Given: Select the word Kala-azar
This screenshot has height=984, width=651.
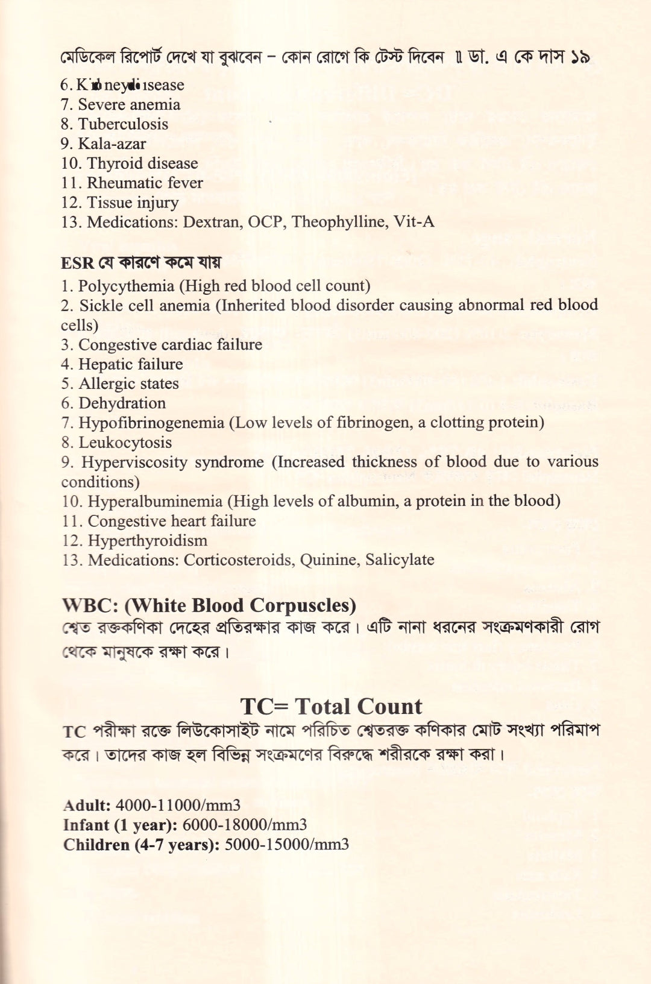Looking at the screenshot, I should [112, 144].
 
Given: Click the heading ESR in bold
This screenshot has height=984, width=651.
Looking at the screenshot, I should [77, 263].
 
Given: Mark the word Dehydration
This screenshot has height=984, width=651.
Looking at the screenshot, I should [122, 403].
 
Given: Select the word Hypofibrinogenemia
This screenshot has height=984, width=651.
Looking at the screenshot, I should [151, 423].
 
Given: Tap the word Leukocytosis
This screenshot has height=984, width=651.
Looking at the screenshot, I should [125, 443].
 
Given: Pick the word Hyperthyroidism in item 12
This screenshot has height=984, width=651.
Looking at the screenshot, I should [147, 541].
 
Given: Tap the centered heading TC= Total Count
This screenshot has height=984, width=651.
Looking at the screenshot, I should [331, 707].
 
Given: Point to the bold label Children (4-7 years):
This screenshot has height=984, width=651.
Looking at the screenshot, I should [141, 845].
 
